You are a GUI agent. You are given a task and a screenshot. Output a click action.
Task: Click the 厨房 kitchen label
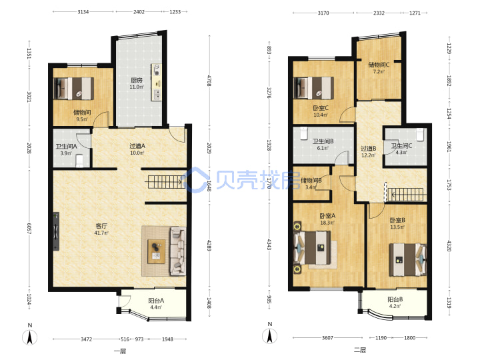point(137,80)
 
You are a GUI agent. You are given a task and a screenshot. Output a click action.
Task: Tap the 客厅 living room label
point(101,226)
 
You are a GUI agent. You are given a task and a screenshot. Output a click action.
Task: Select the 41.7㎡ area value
point(101,233)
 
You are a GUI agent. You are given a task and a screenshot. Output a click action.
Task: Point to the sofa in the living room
point(178,251)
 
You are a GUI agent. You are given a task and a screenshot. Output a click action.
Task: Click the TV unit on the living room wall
point(56,231)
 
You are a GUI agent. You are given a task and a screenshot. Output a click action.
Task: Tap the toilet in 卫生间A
point(79,161)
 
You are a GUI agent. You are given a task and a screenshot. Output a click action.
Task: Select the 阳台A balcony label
point(156,301)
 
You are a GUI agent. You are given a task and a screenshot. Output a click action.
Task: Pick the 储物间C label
point(379,65)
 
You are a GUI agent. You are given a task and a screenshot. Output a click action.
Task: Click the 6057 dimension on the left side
point(29,229)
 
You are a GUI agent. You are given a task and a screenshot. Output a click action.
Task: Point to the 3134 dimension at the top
point(83,11)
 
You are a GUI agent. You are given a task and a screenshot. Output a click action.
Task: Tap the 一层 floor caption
point(120,351)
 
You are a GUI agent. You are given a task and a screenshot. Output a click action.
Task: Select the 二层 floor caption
point(360,349)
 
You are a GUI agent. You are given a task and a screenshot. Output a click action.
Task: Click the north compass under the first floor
point(30,337)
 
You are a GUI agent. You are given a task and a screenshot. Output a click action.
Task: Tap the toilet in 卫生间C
point(420,134)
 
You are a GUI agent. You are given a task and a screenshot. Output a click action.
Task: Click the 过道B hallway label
point(369,149)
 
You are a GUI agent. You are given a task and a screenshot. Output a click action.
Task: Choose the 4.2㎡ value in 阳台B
point(395,306)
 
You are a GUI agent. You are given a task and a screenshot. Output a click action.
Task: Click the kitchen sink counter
point(157,82)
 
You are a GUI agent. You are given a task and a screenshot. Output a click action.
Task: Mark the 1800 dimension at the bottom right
point(409,337)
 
